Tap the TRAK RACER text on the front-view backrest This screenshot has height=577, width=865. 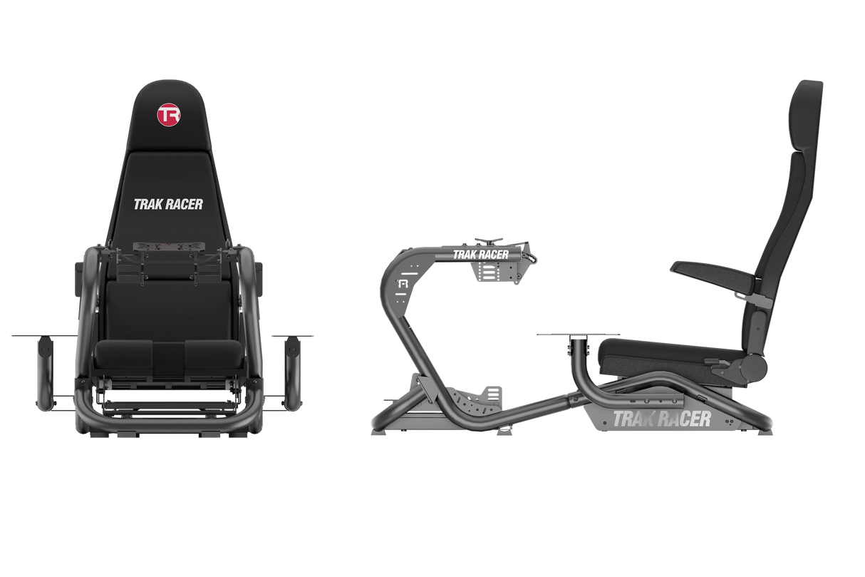point(168,204)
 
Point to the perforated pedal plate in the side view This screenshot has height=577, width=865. point(471,399)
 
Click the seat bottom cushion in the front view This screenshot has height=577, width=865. point(167,352)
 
